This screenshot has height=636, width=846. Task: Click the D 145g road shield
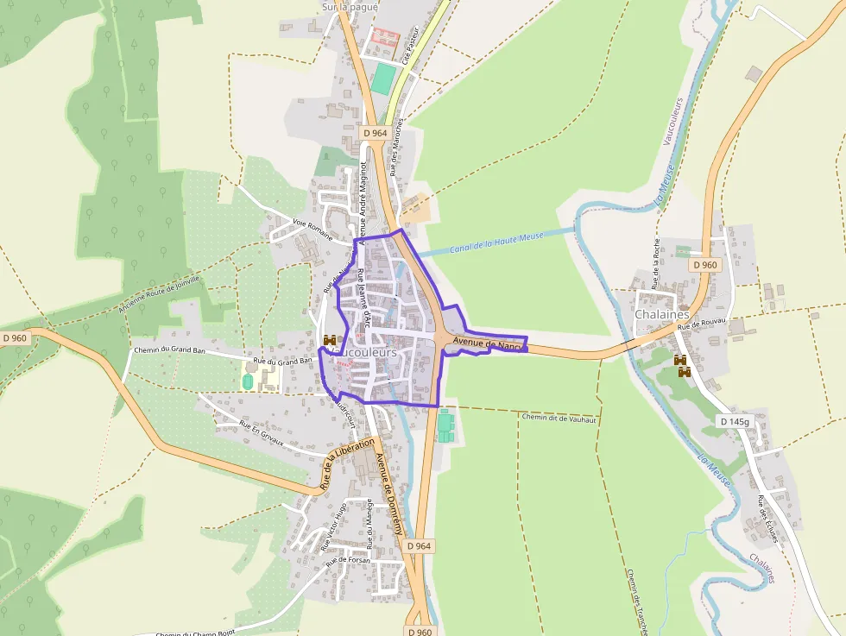click(x=736, y=421)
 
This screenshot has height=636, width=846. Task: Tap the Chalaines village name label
click(x=661, y=314)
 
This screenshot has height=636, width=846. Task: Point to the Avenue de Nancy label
click(x=488, y=344)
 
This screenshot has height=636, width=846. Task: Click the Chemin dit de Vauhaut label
click(x=559, y=417)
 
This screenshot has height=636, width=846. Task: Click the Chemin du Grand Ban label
click(x=168, y=350)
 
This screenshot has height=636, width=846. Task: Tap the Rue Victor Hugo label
click(x=334, y=526)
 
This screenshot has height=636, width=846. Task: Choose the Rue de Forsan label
click(x=348, y=560)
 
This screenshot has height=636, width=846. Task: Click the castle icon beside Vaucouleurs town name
click(x=330, y=342)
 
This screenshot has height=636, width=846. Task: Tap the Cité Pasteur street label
click(x=414, y=44)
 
